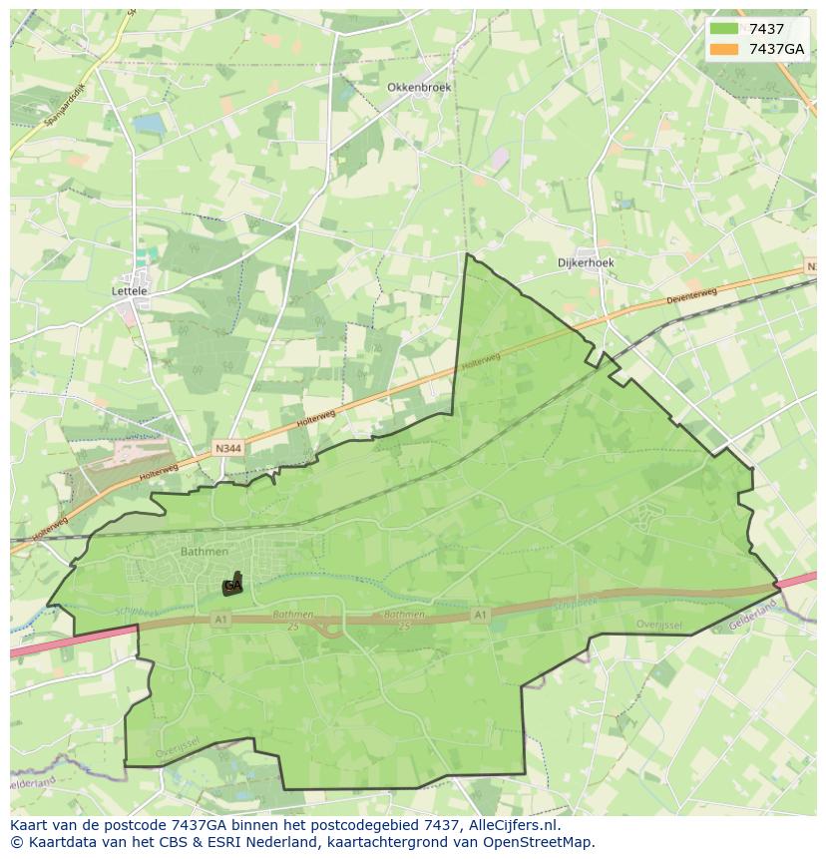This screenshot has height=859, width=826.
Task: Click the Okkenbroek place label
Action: coord(419,87)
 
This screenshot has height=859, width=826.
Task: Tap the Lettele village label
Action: coord(130,291)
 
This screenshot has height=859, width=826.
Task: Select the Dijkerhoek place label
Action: coord(586,262)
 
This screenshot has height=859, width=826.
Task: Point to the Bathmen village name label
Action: coord(205,551)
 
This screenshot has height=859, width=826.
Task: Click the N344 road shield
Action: coord(227,450)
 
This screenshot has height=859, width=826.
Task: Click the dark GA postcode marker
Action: coord(232,587)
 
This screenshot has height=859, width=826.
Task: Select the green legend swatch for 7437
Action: coord(724,29)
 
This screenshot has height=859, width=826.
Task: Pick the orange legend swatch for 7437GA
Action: coord(724,49)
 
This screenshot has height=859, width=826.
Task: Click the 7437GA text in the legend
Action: coord(776,49)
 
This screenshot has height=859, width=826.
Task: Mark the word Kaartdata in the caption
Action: coord(57,842)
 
